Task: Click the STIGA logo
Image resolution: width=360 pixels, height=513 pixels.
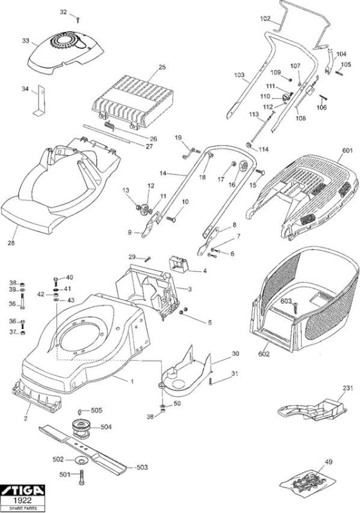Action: tap(22, 491)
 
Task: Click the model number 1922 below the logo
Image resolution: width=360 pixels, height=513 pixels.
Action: tap(22, 501)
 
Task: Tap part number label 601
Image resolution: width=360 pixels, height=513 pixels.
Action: tap(347, 150)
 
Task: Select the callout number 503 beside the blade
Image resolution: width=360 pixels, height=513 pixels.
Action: tap(142, 467)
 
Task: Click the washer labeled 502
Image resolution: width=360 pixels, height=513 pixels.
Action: tap(80, 460)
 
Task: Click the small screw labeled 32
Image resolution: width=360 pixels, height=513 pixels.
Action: tap(78, 21)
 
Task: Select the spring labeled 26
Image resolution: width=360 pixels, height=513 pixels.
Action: tap(109, 125)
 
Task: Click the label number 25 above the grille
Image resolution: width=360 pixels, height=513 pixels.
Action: tap(162, 67)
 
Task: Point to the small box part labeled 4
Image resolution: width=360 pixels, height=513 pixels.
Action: tap(178, 264)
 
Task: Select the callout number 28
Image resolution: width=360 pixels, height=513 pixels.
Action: tap(12, 243)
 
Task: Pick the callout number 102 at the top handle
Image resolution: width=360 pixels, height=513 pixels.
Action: tap(266, 19)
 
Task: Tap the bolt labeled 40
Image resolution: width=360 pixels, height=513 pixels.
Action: tap(56, 282)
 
